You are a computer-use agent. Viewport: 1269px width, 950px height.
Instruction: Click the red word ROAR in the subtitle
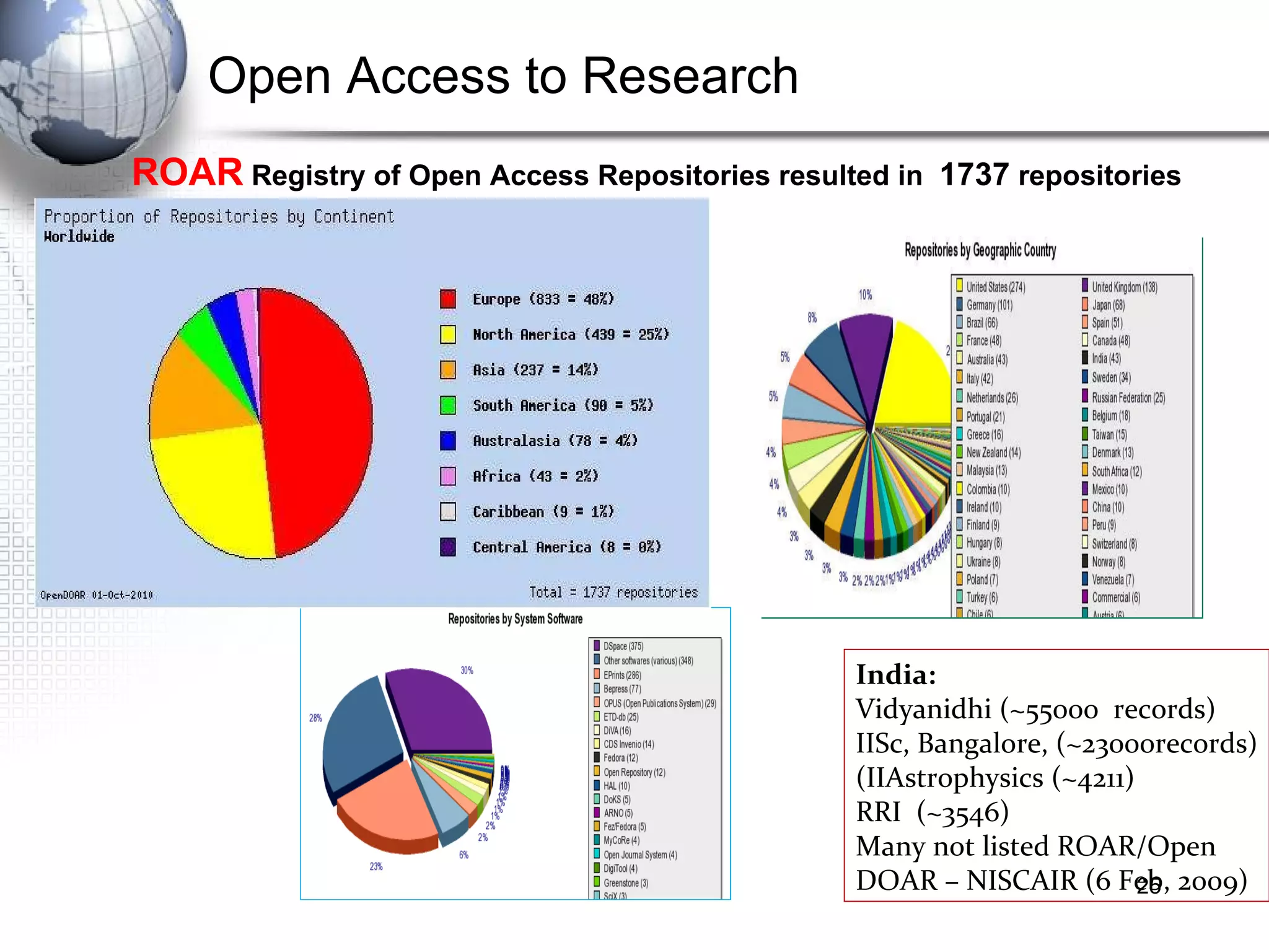pyautogui.click(x=187, y=172)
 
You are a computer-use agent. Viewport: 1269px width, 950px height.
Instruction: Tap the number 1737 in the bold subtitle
pyautogui.click(x=974, y=175)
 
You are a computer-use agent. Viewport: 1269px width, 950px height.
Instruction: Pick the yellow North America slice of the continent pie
pyautogui.click(x=217, y=490)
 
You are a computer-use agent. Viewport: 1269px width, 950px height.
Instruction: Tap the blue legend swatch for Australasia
pyautogui.click(x=448, y=441)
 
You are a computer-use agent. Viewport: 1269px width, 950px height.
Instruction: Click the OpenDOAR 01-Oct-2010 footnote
pyautogui.click(x=97, y=595)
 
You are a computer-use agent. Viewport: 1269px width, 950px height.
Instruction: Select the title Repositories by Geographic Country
pyautogui.click(x=980, y=250)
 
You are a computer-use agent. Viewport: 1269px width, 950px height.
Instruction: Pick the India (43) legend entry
pyautogui.click(x=1106, y=358)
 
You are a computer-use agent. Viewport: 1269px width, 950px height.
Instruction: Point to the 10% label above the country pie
pyautogui.click(x=865, y=294)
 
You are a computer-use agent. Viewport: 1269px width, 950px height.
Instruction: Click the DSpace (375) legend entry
pyautogui.click(x=623, y=646)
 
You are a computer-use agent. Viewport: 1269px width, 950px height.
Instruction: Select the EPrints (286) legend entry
pyautogui.click(x=622, y=675)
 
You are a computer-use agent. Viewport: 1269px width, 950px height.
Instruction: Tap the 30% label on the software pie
pyautogui.click(x=467, y=671)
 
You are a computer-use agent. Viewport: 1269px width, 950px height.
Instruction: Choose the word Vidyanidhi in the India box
pyautogui.click(x=923, y=709)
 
